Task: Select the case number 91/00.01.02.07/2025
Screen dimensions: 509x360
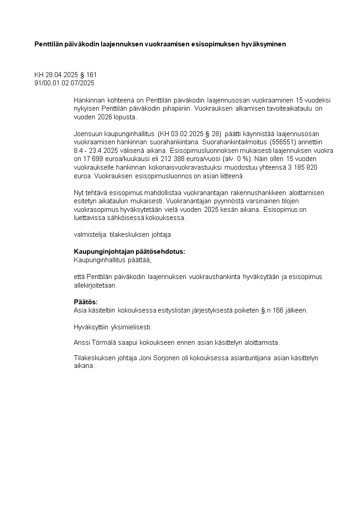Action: click(x=64, y=83)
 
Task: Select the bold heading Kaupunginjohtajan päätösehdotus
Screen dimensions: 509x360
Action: click(x=129, y=252)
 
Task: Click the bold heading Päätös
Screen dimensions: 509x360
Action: click(x=86, y=302)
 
